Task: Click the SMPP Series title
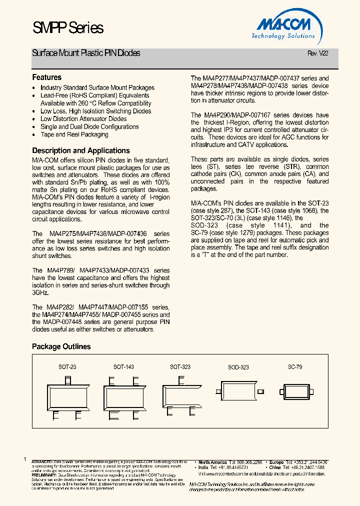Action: [x=68, y=28]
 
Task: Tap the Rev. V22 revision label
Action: [x=317, y=54]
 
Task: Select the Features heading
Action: [x=47, y=77]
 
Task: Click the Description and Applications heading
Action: [x=80, y=150]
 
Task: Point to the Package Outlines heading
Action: [x=61, y=346]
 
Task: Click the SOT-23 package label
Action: [x=67, y=367]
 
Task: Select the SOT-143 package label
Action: [x=123, y=367]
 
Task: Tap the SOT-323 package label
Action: [x=180, y=367]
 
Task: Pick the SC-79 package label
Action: [x=295, y=367]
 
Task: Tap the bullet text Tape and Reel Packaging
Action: [x=74, y=134]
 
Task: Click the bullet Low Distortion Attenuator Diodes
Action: [x=83, y=119]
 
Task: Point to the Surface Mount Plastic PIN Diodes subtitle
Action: [x=86, y=53]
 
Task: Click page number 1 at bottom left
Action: [x=24, y=459]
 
